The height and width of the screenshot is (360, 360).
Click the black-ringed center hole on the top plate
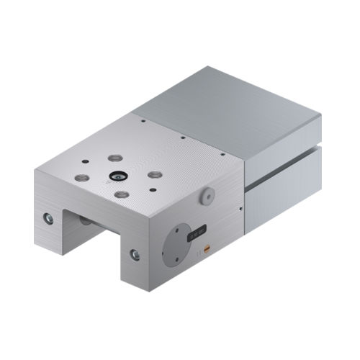coord(116,175)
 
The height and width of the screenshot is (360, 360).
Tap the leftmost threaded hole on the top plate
coord(82,176)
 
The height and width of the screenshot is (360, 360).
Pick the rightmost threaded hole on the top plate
coord(155,174)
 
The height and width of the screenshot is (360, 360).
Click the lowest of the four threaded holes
coord(122,194)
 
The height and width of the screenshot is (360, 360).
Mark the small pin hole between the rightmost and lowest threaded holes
coord(152,190)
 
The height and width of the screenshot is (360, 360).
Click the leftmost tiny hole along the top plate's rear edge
coord(143,122)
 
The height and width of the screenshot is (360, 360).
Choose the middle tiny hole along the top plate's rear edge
coord(183,137)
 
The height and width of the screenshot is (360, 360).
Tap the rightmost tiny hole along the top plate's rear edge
coord(223,153)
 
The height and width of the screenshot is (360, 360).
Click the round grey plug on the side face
coord(207,195)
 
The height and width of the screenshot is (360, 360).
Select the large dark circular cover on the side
coord(176,246)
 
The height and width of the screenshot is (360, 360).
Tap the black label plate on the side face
coord(197,233)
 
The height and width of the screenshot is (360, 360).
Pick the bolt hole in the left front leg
coord(48,217)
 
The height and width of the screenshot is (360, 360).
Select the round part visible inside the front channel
coord(86,220)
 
